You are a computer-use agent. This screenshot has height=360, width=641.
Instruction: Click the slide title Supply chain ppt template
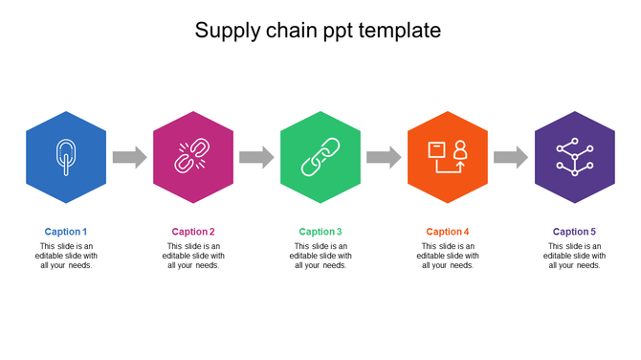[318, 31]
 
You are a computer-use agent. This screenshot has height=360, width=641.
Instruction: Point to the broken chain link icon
[192, 156]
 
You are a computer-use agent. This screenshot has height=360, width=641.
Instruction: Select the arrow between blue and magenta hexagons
[129, 157]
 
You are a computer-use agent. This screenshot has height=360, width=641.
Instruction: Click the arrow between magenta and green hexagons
[256, 157]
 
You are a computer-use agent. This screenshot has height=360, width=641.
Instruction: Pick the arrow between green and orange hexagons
[384, 157]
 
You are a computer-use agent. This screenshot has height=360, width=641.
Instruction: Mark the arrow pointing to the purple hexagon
[511, 157]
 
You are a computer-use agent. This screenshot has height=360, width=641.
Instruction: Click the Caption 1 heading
[66, 232]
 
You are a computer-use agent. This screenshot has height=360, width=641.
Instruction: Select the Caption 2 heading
[193, 232]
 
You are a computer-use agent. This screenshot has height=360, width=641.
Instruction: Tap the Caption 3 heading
[320, 232]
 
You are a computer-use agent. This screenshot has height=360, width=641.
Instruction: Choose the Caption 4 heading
[448, 232]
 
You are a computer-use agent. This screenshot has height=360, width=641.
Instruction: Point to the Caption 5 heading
[574, 232]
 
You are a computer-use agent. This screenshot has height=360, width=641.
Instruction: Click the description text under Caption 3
[320, 256]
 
